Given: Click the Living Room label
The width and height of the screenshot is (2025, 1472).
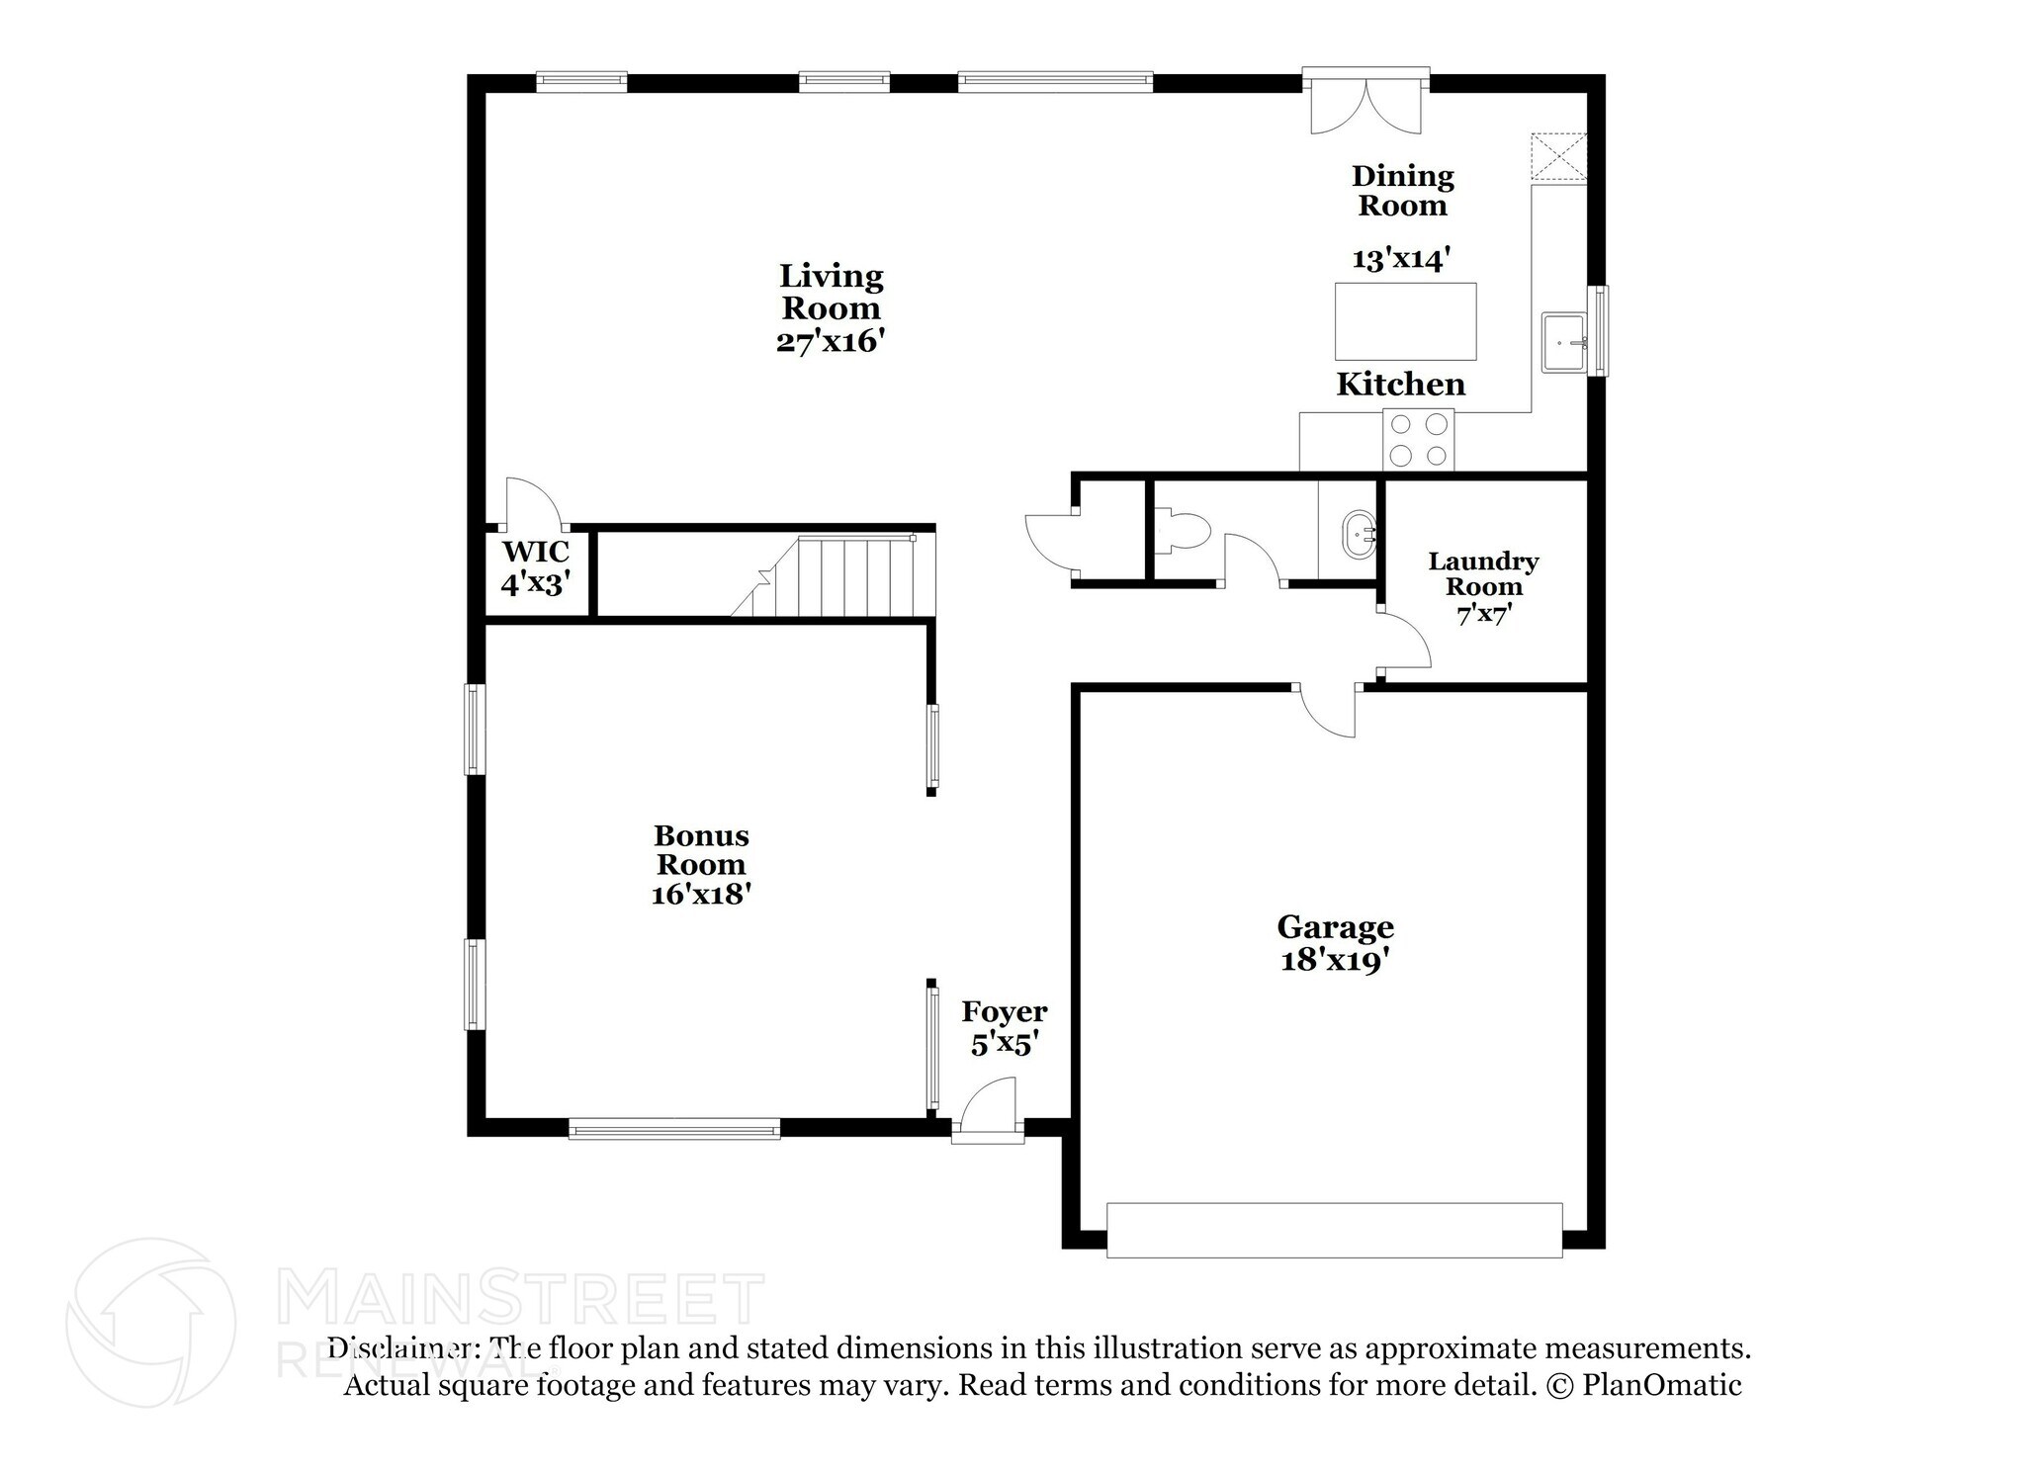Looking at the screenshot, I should (x=831, y=292).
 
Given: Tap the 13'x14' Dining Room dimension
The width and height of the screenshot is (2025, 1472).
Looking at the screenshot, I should (x=1401, y=259).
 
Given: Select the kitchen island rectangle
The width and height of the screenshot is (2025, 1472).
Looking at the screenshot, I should (x=1405, y=321).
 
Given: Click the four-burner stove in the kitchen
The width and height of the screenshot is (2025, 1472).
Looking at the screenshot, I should (x=1419, y=440).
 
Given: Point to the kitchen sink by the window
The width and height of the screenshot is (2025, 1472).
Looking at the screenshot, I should (x=1564, y=343).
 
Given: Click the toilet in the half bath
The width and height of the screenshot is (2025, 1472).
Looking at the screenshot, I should (x=1182, y=530).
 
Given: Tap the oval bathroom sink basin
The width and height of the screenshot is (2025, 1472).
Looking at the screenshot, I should (x=1357, y=536).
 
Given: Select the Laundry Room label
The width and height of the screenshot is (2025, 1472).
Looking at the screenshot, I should (x=1483, y=574).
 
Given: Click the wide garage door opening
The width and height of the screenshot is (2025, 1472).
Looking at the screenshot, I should (x=1334, y=1230).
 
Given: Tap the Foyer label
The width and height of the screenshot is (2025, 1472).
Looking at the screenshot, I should (x=1005, y=1012).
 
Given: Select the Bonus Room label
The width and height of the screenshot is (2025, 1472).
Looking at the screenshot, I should (x=701, y=850).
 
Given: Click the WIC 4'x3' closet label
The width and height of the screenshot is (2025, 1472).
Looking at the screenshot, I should (x=536, y=567).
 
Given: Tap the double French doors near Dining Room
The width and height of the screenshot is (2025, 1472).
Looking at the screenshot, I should (x=1365, y=104).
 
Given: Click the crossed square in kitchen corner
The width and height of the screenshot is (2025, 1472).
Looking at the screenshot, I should (x=1558, y=157).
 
